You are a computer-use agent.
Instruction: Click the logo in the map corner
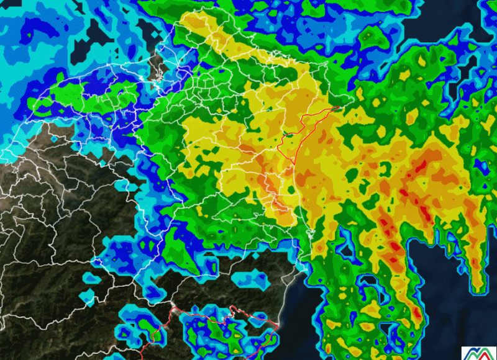click(478, 352)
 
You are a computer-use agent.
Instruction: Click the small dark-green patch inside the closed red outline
click(286, 132)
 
